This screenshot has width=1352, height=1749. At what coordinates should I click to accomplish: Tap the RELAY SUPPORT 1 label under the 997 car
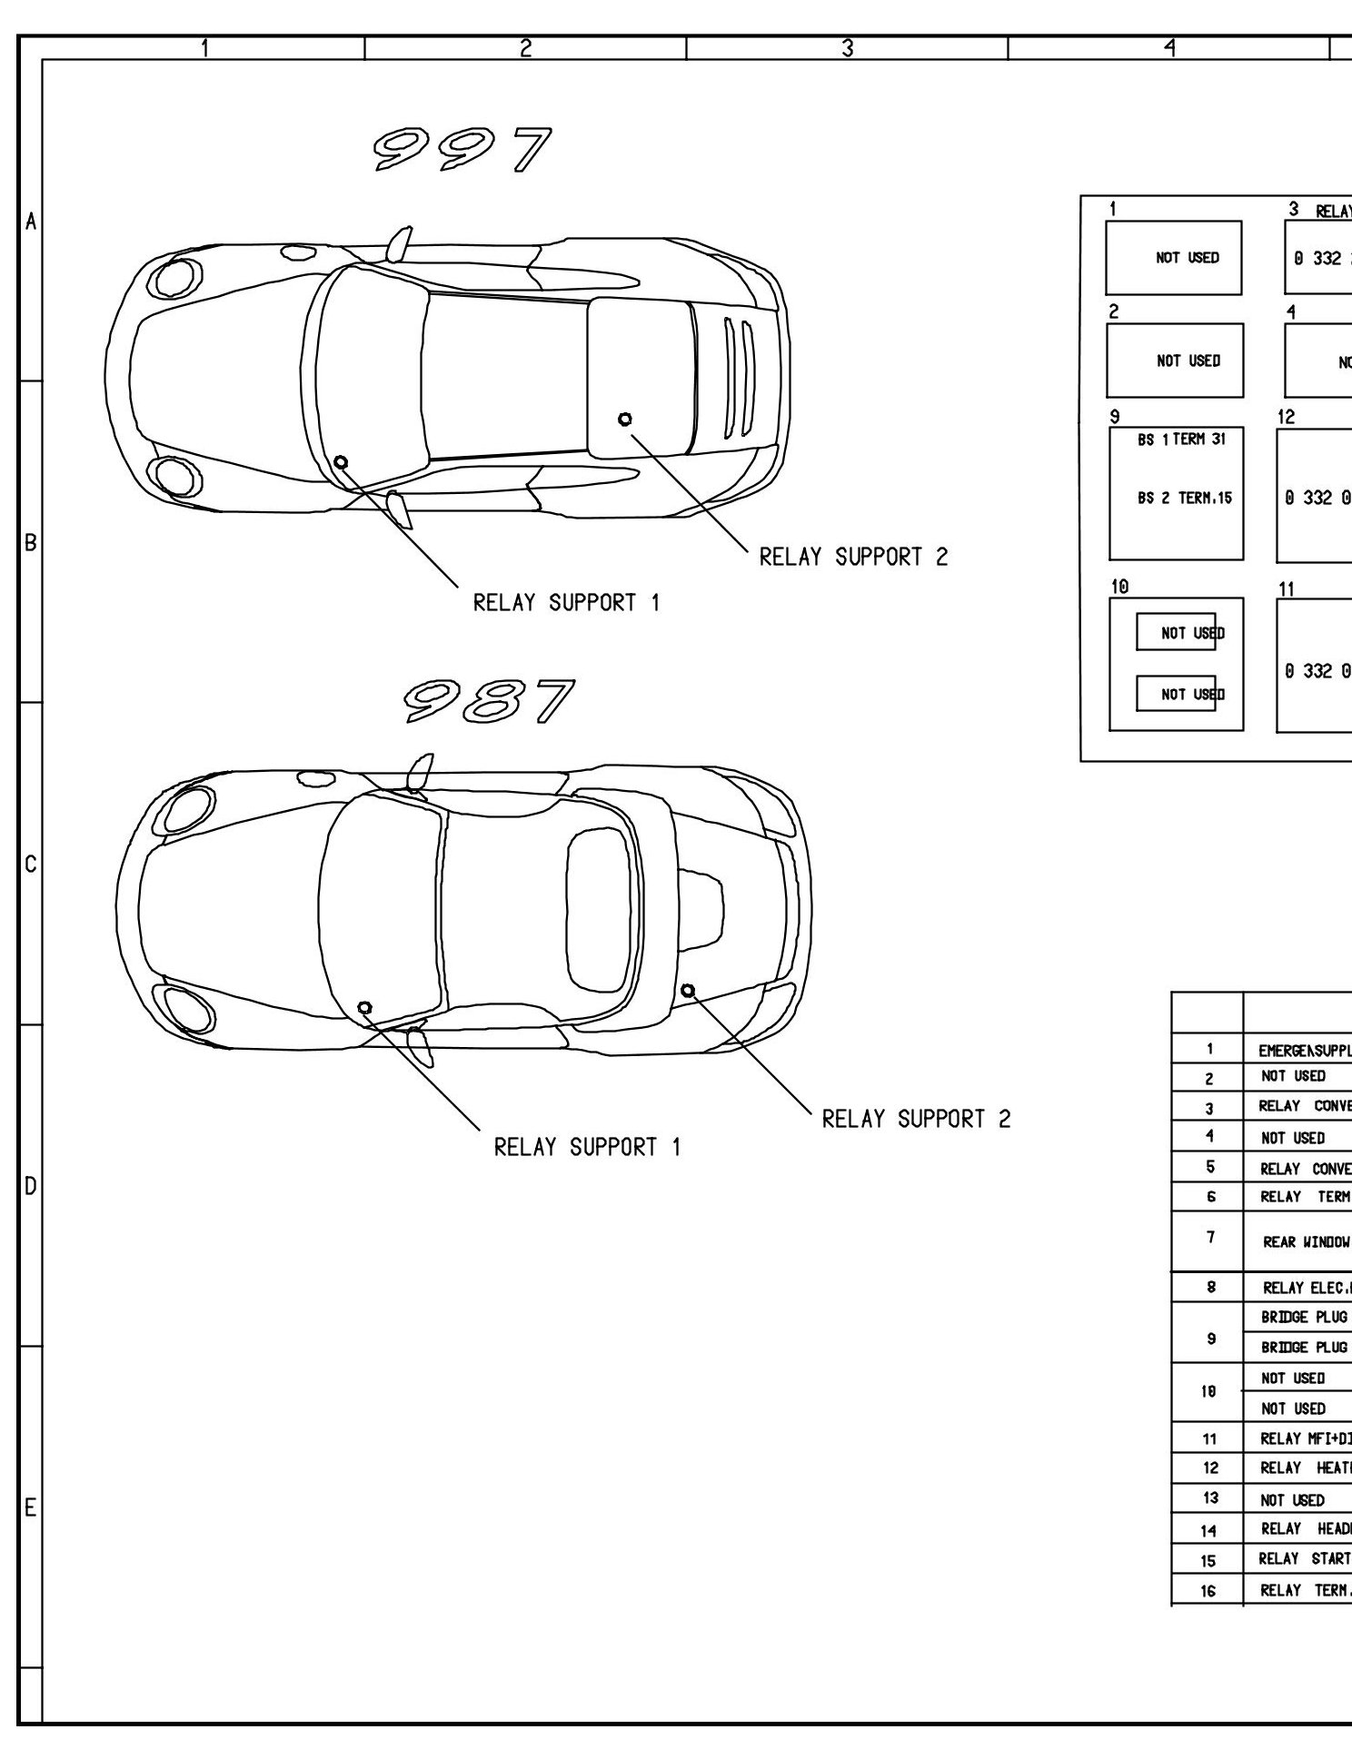pos(567,602)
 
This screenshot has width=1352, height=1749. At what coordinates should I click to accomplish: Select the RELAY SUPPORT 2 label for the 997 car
pos(853,557)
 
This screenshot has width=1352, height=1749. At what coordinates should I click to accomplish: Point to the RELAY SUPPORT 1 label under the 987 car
pos(587,1147)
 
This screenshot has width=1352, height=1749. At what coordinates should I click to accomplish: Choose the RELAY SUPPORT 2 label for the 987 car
pos(916,1119)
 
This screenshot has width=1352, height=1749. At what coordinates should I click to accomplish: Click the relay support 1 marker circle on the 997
pos(341,462)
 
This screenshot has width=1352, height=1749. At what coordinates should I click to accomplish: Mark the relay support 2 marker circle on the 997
pos(624,419)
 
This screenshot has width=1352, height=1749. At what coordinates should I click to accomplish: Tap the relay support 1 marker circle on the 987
pos(364,1007)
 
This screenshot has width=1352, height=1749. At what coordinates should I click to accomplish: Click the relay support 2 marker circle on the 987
pos(688,989)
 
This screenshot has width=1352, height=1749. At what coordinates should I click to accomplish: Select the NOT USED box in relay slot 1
pos(1174,258)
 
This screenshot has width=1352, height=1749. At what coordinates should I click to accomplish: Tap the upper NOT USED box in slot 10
pos(1177,632)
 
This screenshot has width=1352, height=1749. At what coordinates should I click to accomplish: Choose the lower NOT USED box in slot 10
pos(1177,694)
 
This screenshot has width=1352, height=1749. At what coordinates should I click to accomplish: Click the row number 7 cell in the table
pos(1209,1239)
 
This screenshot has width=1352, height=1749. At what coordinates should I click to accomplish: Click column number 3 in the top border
pos(847,48)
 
